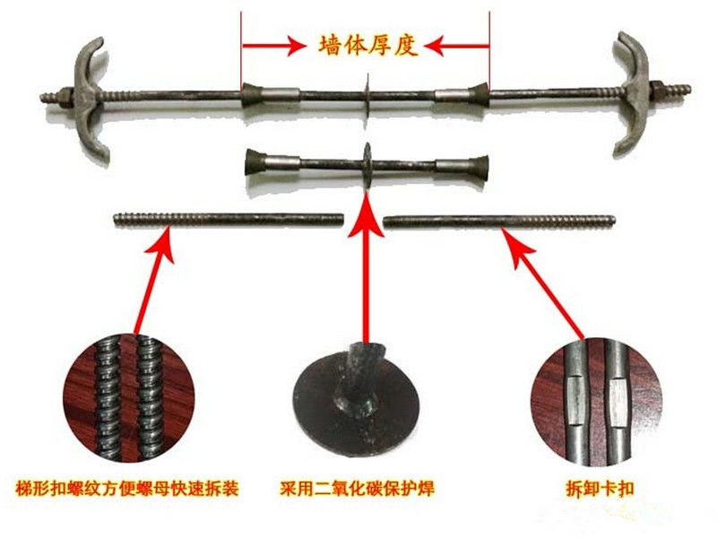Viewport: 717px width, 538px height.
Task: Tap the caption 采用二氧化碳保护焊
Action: click(x=365, y=489)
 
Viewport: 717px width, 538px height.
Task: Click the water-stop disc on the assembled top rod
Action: click(x=367, y=92)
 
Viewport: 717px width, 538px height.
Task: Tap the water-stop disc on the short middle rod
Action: click(x=367, y=161)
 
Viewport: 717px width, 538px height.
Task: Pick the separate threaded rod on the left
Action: click(x=229, y=219)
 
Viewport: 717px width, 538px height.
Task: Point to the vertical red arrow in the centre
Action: click(x=365, y=269)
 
